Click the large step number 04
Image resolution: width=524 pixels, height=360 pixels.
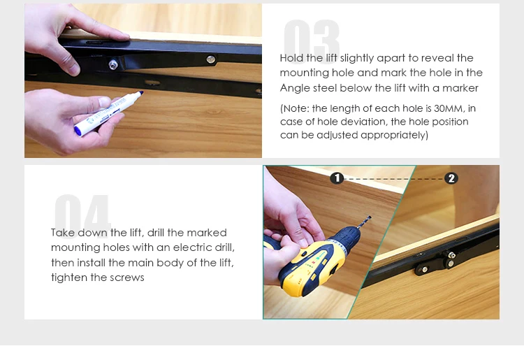point(82,214)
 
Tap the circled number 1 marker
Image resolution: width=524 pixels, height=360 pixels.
point(337,178)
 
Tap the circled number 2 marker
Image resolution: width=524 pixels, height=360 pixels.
point(451,178)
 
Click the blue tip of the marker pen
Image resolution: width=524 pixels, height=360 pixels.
point(141,93)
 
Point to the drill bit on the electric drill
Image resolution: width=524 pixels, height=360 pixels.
point(364,222)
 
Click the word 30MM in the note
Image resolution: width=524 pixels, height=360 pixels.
point(449,108)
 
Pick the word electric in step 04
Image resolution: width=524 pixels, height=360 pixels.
point(194,247)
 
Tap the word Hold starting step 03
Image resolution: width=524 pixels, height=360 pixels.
point(291,58)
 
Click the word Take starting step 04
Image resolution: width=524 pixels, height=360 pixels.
point(63,233)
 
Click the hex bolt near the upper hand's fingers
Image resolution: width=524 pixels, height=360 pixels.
point(113,64)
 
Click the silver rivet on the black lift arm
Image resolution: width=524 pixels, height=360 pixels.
point(210,59)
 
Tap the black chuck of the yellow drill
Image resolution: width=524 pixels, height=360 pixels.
point(347,238)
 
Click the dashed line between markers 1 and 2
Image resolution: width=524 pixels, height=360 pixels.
point(394,179)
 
